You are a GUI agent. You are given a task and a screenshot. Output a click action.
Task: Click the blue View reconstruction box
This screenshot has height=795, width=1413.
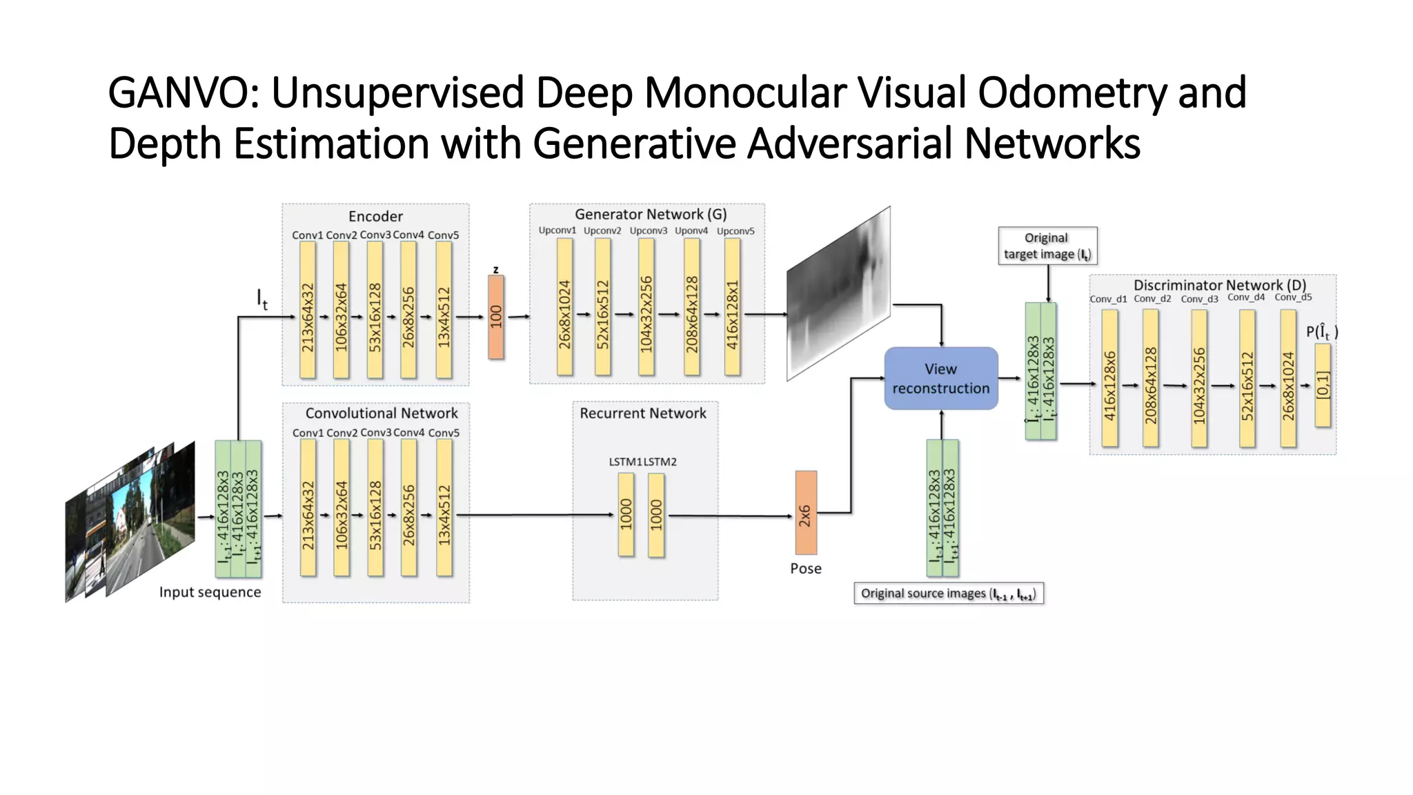pyautogui.click(x=941, y=378)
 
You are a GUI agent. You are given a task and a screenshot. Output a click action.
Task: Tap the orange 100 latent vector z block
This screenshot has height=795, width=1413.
pyautogui.click(x=495, y=317)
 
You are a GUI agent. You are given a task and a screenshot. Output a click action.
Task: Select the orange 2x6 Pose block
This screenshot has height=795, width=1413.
pyautogui.click(x=805, y=513)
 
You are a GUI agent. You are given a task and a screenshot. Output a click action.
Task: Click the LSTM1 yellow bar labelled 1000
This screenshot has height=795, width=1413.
pyautogui.click(x=626, y=514)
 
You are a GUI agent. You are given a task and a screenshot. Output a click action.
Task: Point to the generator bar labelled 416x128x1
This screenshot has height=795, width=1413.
pyautogui.click(x=732, y=307)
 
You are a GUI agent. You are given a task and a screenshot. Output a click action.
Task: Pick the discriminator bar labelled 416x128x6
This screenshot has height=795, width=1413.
pyautogui.click(x=1109, y=378)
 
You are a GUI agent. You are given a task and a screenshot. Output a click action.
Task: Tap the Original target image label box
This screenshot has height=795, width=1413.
pyautogui.click(x=1047, y=246)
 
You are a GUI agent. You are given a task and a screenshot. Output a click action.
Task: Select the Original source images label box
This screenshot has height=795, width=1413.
pyautogui.click(x=948, y=593)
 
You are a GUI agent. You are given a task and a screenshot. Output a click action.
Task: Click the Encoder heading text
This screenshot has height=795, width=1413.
pyautogui.click(x=375, y=216)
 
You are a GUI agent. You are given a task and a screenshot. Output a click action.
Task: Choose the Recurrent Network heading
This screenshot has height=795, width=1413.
pyautogui.click(x=642, y=413)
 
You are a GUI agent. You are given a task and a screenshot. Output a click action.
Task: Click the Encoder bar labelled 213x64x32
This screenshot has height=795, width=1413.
pyautogui.click(x=308, y=310)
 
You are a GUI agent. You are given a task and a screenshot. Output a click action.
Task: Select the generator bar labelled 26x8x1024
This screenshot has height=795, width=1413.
pyautogui.click(x=564, y=307)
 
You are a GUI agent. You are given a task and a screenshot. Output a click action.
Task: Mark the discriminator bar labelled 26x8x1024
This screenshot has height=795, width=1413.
pyautogui.click(x=1287, y=378)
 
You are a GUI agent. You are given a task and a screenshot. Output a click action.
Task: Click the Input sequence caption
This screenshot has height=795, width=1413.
pyautogui.click(x=210, y=592)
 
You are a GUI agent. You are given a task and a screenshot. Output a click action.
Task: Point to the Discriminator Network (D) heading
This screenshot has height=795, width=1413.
pyautogui.click(x=1219, y=285)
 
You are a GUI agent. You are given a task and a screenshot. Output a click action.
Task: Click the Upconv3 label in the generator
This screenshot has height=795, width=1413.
pyautogui.click(x=648, y=230)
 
